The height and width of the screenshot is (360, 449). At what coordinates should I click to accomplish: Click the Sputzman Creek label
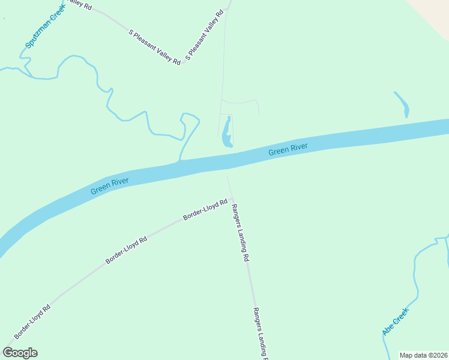44,27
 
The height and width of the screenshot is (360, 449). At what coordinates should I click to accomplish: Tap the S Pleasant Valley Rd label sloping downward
155,47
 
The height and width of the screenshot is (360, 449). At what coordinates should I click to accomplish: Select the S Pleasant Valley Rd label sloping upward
204,35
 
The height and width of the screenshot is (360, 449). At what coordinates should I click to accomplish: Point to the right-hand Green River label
288,149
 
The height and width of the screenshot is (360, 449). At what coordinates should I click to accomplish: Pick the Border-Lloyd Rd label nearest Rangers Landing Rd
205,209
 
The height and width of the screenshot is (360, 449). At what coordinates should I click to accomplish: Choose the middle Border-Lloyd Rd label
126,251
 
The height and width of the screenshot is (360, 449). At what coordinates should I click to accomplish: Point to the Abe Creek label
395,321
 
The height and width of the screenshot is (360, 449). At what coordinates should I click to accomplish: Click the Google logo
20,353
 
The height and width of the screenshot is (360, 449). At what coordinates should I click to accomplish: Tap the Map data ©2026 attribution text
423,355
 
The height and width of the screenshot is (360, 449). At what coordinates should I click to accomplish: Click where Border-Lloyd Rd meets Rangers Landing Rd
232,199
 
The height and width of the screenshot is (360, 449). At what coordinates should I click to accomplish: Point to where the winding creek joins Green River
179,161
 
